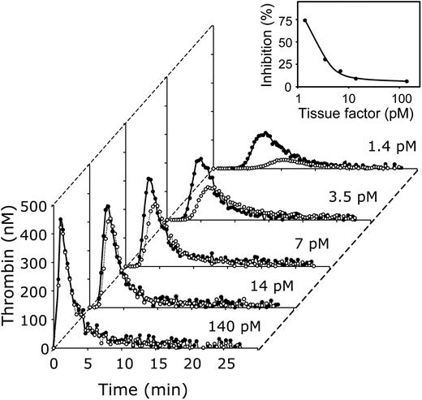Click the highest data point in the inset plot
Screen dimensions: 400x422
[x=305, y=20]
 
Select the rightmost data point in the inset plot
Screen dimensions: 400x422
[x=406, y=81]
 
